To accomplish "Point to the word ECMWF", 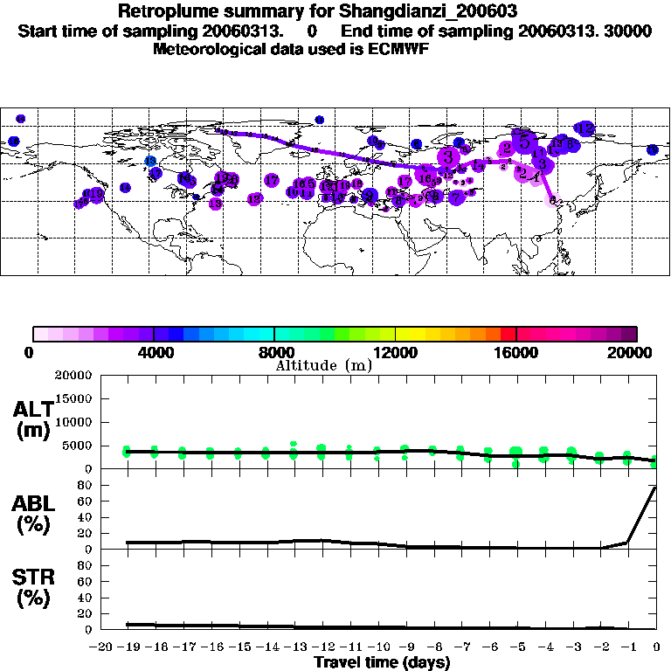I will (398, 48).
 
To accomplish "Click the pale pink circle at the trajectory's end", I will (552, 199).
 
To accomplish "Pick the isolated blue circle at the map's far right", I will (652, 150).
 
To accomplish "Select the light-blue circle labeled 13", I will (150, 162).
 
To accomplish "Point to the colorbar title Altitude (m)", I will (323, 365).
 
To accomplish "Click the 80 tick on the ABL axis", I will (86, 486).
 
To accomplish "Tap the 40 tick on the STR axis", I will (86, 598).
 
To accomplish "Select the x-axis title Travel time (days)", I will (382, 662).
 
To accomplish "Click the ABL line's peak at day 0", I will (656, 488).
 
